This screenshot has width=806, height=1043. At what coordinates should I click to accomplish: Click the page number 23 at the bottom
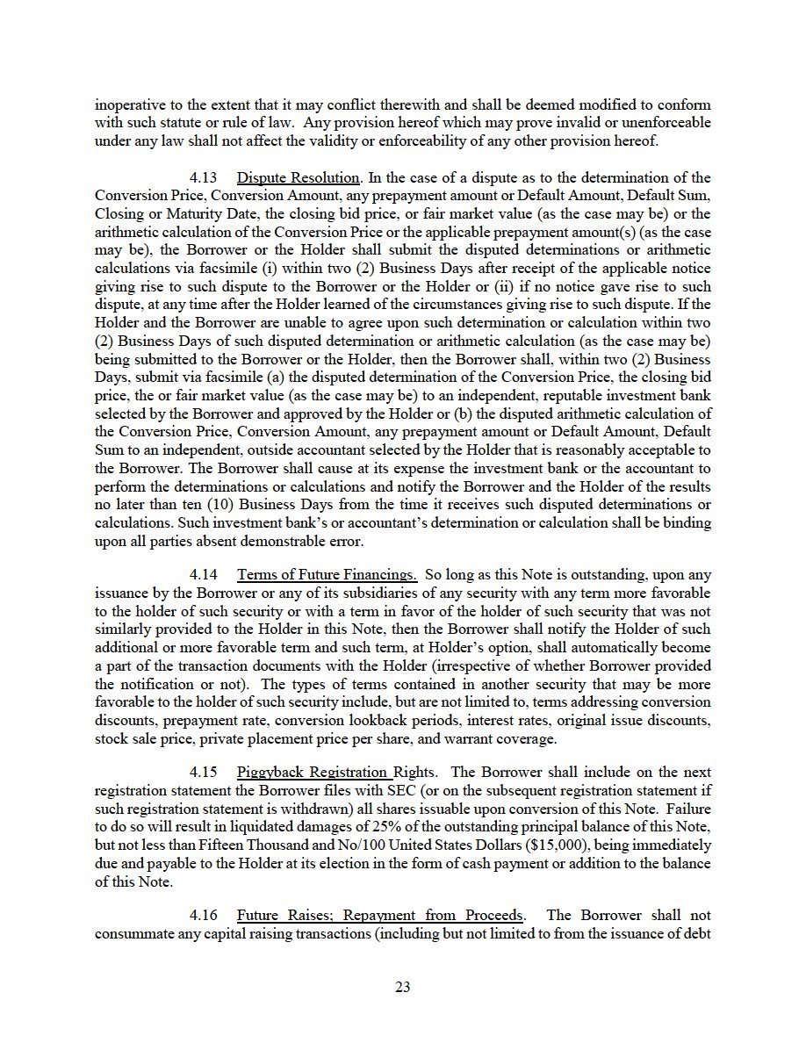[x=403, y=987]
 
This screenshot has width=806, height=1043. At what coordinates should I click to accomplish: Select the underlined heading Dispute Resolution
[x=299, y=178]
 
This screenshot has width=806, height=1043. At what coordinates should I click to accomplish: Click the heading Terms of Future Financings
[x=327, y=575]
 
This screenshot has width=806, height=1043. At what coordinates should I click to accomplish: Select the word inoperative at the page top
[x=129, y=104]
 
